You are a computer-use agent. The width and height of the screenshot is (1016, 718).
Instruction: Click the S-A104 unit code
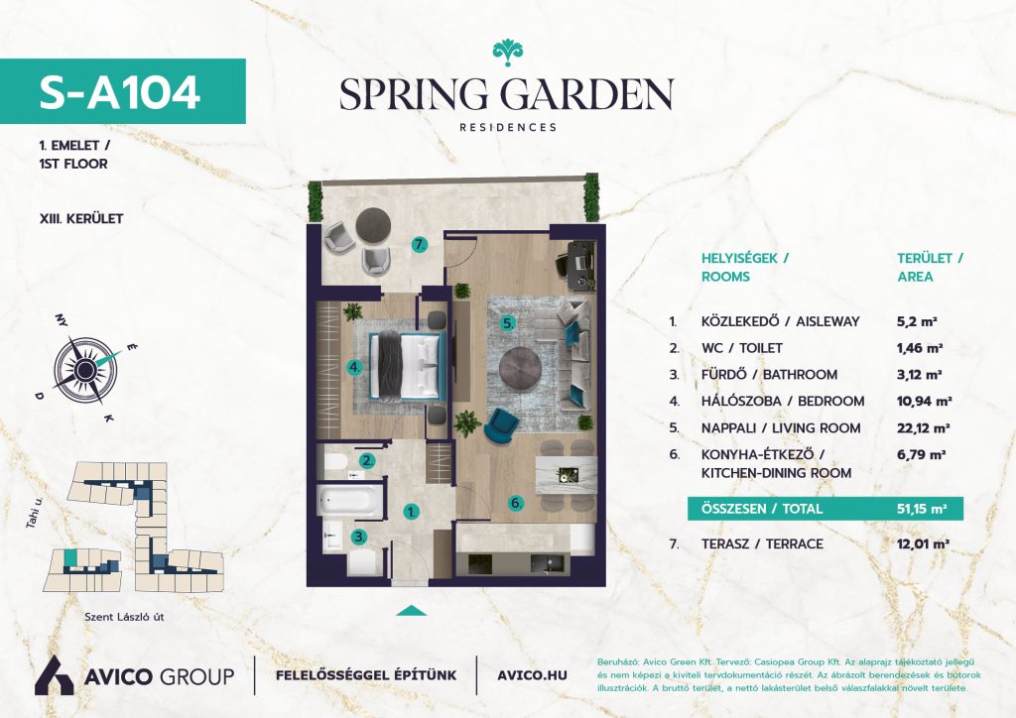119,92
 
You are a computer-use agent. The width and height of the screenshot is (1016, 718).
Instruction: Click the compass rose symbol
84,369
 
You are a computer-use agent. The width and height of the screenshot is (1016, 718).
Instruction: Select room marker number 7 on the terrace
420,245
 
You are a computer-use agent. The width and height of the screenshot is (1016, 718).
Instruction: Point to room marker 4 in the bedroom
354,367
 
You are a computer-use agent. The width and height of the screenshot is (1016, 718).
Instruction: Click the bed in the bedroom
407,365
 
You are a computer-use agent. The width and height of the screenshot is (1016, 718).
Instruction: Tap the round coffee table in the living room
520,369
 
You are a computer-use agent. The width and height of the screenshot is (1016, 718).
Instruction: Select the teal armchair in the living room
501,423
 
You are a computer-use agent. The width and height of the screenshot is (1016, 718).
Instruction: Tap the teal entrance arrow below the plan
411,611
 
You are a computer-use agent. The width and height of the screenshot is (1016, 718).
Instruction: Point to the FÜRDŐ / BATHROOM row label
769,374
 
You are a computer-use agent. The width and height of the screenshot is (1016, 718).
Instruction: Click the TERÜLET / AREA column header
930,268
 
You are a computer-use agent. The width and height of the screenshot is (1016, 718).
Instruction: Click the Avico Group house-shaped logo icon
54,675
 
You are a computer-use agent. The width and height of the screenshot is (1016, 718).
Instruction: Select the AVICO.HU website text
532,675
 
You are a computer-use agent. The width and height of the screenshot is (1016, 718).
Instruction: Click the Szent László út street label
124,617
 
